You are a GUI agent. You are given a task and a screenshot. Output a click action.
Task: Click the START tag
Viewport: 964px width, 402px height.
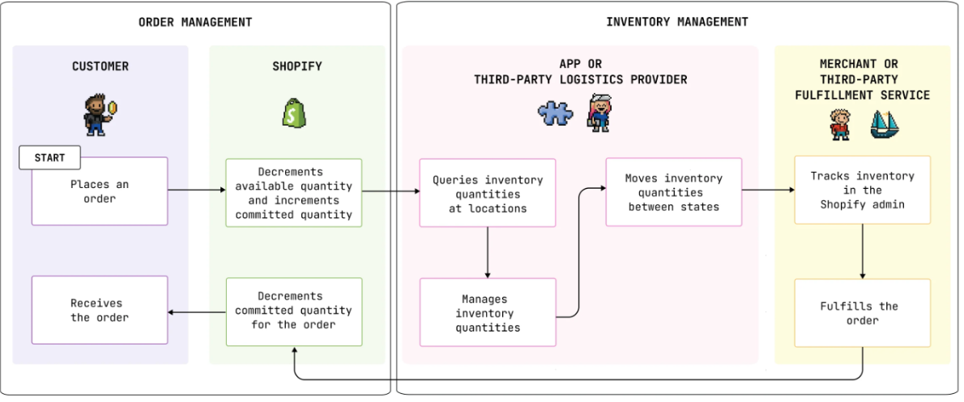(49, 157)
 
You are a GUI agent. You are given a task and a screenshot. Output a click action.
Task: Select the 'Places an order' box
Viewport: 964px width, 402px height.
(100, 191)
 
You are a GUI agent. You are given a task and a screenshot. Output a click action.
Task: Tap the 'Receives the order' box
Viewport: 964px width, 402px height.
(100, 310)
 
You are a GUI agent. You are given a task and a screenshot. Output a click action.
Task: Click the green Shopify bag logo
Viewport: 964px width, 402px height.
(292, 113)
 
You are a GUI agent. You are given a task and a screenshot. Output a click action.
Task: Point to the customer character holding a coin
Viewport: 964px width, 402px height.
(96, 114)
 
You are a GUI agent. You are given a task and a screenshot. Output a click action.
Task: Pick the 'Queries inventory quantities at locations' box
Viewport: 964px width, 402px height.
(488, 194)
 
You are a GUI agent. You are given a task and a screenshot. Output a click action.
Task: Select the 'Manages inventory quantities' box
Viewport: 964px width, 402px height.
(488, 313)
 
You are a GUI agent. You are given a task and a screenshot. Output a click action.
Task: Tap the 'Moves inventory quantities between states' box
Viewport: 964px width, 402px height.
(673, 192)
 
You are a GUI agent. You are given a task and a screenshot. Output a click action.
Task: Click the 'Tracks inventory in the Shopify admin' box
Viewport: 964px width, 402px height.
(862, 190)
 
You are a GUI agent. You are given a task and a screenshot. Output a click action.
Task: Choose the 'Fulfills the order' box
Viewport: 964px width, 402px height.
(862, 313)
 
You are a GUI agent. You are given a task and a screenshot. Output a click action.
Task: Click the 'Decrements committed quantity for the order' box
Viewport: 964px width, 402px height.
(294, 310)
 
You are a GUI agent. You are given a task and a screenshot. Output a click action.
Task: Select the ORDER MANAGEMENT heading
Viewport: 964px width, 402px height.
(195, 22)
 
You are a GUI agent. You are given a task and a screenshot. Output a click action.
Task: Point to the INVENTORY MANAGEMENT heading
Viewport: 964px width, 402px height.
(677, 22)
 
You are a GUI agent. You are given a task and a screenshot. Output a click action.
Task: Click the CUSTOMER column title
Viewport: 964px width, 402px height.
(100, 66)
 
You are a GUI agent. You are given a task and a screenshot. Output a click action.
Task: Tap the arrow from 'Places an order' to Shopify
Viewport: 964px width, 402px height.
(197, 191)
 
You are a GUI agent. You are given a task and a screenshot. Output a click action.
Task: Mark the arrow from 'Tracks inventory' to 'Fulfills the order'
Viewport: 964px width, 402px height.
(862, 251)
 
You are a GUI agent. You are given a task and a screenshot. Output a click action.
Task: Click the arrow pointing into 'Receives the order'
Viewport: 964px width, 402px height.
(197, 312)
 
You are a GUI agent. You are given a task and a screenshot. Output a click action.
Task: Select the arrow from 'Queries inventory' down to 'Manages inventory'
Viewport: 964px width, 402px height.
(488, 253)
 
